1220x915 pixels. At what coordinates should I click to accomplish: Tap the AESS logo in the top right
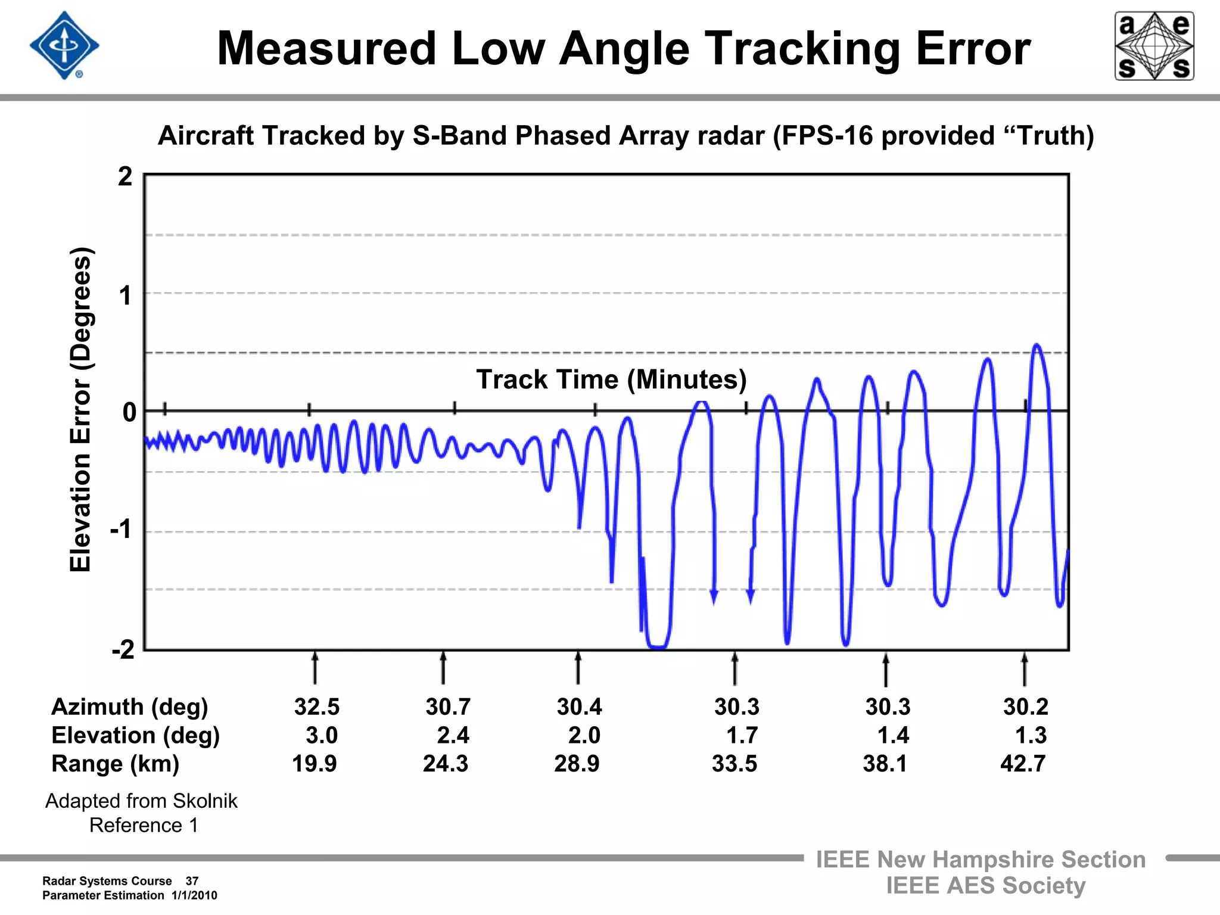tap(1154, 46)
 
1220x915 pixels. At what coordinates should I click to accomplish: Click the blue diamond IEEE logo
tap(64, 45)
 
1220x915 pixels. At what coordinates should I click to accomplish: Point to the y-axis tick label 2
tap(125, 177)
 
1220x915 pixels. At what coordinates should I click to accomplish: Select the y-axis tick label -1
tap(121, 529)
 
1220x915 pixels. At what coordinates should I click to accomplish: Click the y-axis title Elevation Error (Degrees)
tap(80, 410)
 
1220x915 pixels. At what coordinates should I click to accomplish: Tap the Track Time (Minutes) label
tap(611, 379)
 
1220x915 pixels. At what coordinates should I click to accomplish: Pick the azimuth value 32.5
tap(317, 707)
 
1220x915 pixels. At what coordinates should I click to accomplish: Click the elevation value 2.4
tap(453, 736)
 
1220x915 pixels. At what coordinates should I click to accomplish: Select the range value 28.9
tap(577, 764)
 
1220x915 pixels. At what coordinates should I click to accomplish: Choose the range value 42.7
tap(1023, 764)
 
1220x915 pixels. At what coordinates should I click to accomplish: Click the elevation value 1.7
tap(742, 736)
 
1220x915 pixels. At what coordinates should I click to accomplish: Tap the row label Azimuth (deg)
tap(130, 707)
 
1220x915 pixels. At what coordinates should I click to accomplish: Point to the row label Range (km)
tap(116, 764)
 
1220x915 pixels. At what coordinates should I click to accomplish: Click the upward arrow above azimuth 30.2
tap(1025, 670)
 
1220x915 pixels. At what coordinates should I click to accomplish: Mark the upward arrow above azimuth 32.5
tap(315, 668)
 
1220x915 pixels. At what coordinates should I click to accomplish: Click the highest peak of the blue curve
tap(1037, 346)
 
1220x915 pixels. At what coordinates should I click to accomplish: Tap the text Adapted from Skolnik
tap(141, 801)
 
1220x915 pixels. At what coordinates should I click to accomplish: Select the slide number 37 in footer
tap(192, 881)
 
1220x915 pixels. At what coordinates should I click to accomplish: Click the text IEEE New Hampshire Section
tap(981, 860)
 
